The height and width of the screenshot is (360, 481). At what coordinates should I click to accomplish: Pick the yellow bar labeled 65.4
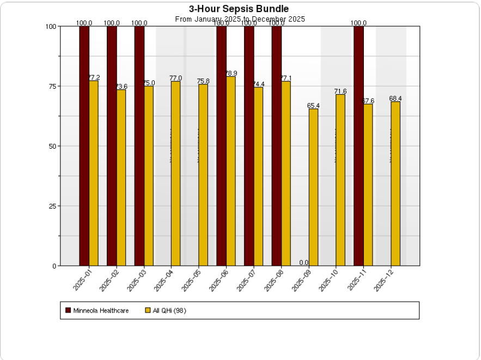313,187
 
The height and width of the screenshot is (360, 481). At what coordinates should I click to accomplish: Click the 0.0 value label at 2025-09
304,263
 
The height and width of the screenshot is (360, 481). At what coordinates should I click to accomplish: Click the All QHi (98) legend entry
169,310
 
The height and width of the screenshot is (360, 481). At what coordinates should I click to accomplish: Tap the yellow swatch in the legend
148,310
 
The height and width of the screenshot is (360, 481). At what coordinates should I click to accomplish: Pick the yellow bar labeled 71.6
340,180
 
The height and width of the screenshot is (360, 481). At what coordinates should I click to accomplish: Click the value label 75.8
203,81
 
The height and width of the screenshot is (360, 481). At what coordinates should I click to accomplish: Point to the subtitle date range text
240,19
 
